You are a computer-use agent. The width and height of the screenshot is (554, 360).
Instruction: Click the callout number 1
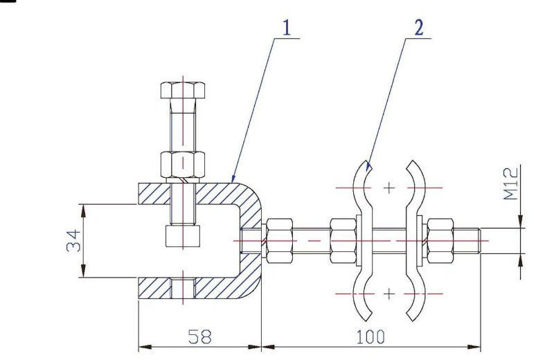coord(285,27)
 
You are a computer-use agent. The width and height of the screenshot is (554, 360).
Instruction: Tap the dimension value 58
coord(199,337)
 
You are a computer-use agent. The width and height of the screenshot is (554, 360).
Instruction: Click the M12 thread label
coord(511,183)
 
